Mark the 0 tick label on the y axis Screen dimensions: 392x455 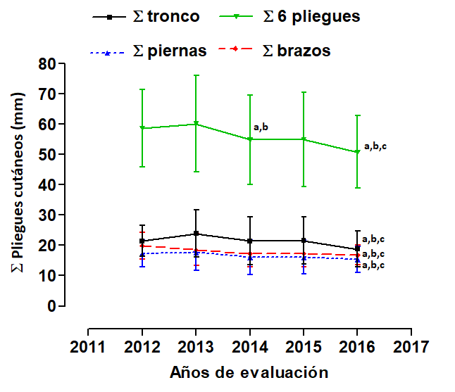(x=51, y=306)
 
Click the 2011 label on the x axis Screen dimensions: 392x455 (x=88, y=347)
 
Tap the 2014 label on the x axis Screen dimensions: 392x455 (x=249, y=347)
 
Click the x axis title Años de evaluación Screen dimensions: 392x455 (x=249, y=372)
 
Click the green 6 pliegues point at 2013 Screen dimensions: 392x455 (x=196, y=124)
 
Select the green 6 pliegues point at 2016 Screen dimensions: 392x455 (x=357, y=152)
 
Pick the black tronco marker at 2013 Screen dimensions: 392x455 (x=196, y=234)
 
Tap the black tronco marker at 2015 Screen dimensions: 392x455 (x=304, y=241)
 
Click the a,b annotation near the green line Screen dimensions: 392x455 (x=261, y=127)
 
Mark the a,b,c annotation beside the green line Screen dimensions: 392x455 (x=375, y=146)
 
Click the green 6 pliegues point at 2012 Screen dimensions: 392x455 (x=142, y=128)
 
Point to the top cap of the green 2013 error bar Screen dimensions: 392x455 (x=196, y=75)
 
